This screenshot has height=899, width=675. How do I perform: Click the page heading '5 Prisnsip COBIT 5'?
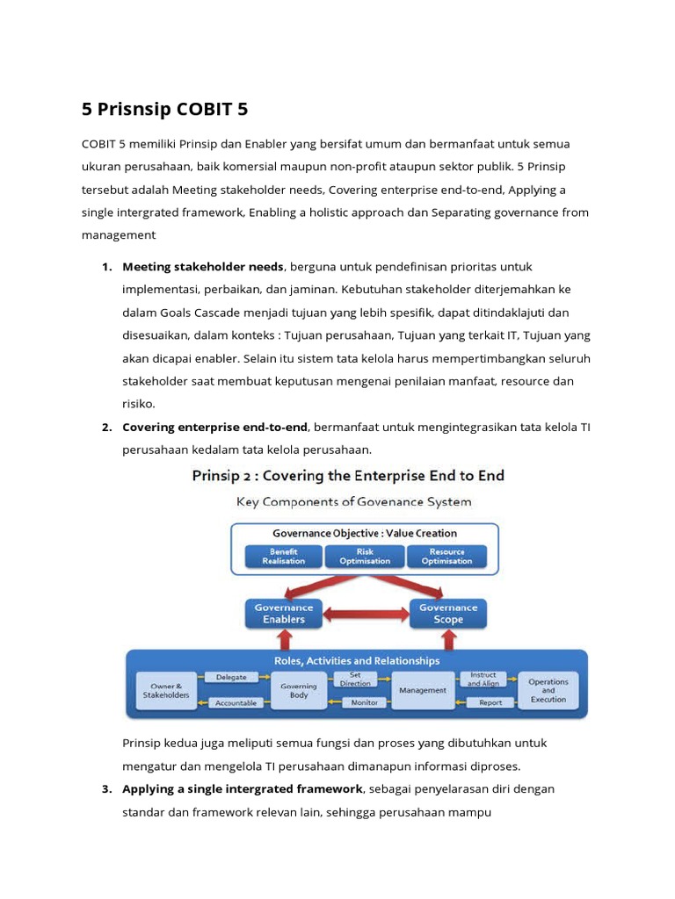pos(165,110)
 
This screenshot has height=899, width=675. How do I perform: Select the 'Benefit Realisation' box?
pos(283,557)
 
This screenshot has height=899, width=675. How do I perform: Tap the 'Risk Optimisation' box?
pos(364,557)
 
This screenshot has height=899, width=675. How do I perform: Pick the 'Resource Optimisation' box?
pos(446,557)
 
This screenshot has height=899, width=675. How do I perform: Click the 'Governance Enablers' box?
pos(283,613)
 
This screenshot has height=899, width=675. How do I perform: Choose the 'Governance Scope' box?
pos(447,613)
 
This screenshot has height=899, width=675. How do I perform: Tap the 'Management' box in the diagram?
pos(422,690)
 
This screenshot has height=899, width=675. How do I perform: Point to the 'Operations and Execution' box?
pos(548,690)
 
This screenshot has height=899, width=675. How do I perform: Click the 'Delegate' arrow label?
pos(231,677)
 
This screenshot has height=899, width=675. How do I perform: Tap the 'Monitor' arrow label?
pos(364,702)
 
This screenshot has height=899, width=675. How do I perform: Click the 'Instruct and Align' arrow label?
pos(483,679)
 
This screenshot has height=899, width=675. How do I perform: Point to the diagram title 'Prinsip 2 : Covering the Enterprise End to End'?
pos(348,476)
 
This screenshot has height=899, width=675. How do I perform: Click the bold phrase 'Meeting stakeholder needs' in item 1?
pos(202,267)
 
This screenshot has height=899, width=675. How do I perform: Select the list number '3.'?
pos(106,788)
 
